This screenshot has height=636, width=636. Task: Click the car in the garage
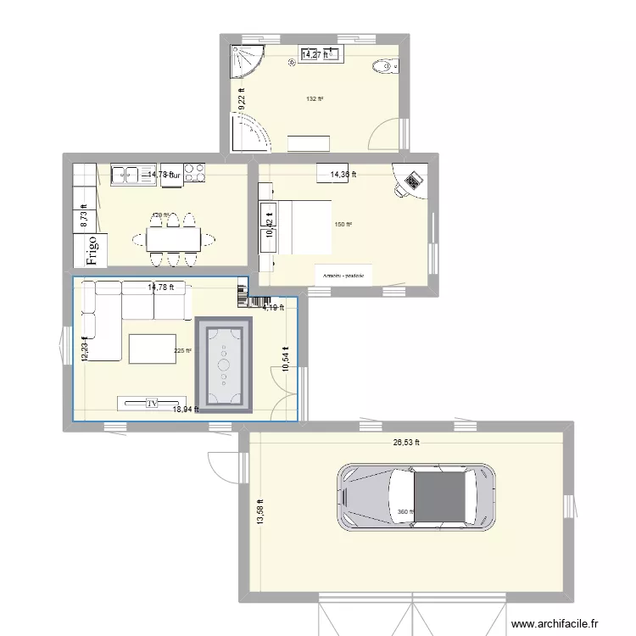tap(416, 497)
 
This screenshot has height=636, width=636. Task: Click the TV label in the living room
tap(153, 403)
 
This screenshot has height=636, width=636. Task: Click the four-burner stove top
tap(195, 173)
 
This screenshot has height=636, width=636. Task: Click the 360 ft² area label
tap(404, 511)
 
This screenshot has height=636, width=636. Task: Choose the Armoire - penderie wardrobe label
tap(343, 276)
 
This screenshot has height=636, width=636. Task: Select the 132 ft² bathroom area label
tap(314, 99)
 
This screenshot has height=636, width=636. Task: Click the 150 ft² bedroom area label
tap(343, 225)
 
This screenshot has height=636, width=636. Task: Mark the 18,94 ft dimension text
tap(186, 410)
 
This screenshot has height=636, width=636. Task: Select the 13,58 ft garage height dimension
tap(260, 511)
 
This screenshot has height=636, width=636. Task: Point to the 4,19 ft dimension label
tap(273, 308)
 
